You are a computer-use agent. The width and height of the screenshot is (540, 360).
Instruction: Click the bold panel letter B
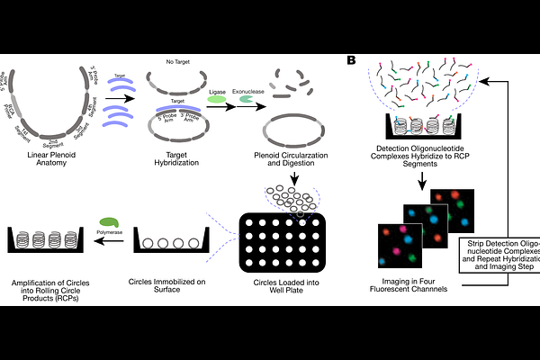(x=351, y=60)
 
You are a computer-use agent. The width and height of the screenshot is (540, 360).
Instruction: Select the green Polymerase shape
(x=110, y=220)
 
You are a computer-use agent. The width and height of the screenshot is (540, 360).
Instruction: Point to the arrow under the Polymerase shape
(x=110, y=238)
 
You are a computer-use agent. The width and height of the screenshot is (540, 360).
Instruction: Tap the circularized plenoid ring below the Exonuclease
(x=294, y=125)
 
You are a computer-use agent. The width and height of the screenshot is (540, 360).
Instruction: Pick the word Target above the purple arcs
(x=117, y=76)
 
